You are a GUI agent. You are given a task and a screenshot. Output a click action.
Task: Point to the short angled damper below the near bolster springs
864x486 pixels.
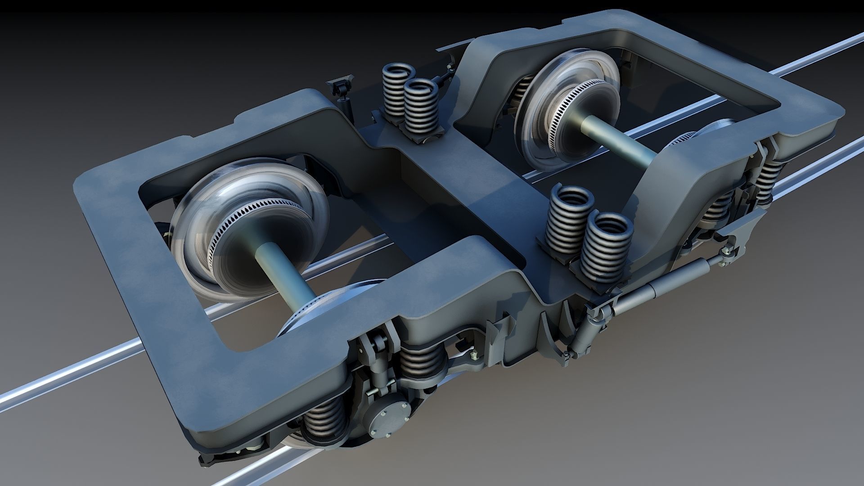coord(585,333)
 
